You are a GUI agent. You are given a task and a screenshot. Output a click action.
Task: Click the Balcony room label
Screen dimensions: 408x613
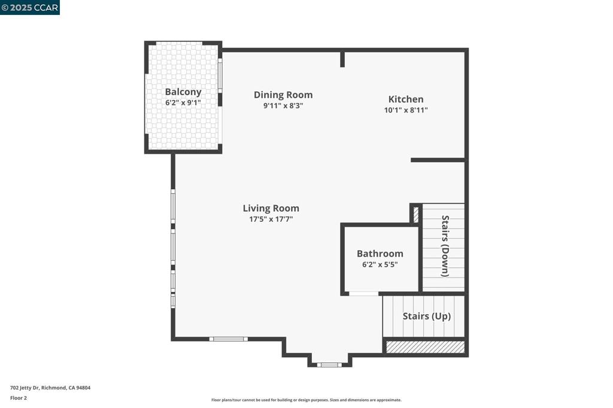click(x=183, y=92)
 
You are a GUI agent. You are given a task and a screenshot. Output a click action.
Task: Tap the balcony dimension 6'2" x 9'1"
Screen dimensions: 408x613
click(x=183, y=103)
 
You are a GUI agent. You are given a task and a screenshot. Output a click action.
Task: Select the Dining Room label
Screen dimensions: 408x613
click(x=283, y=95)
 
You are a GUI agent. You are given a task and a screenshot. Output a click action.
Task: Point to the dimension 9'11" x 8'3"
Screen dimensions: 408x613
click(x=283, y=105)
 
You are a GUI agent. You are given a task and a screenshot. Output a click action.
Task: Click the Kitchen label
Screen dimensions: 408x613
click(x=406, y=99)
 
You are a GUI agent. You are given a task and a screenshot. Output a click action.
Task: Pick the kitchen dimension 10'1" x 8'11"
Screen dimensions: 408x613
click(x=406, y=110)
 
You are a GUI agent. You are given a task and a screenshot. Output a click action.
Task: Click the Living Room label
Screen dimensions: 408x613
click(x=271, y=208)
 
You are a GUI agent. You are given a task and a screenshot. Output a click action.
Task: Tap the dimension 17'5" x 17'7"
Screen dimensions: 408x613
click(x=271, y=219)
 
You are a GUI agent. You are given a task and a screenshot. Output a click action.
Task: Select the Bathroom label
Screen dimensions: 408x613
click(x=380, y=254)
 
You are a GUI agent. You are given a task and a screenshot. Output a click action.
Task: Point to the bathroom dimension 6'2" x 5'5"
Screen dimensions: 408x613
click(x=380, y=264)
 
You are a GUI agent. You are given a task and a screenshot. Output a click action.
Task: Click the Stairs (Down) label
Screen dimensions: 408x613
click(x=445, y=246)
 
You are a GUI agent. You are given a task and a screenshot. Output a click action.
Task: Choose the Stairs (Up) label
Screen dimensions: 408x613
click(x=426, y=316)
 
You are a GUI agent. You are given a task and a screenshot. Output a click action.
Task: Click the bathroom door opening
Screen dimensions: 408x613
click(x=363, y=293)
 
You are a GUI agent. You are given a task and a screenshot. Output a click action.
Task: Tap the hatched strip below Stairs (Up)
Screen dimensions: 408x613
click(x=425, y=347)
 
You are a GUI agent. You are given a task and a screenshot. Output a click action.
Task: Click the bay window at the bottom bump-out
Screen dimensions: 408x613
click(x=329, y=364)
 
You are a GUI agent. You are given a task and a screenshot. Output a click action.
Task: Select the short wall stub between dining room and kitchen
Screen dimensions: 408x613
click(x=342, y=59)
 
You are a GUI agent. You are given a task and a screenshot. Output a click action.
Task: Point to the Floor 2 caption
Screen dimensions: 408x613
click(x=19, y=398)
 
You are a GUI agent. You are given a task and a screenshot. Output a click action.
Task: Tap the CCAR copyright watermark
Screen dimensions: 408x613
click(x=30, y=7)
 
